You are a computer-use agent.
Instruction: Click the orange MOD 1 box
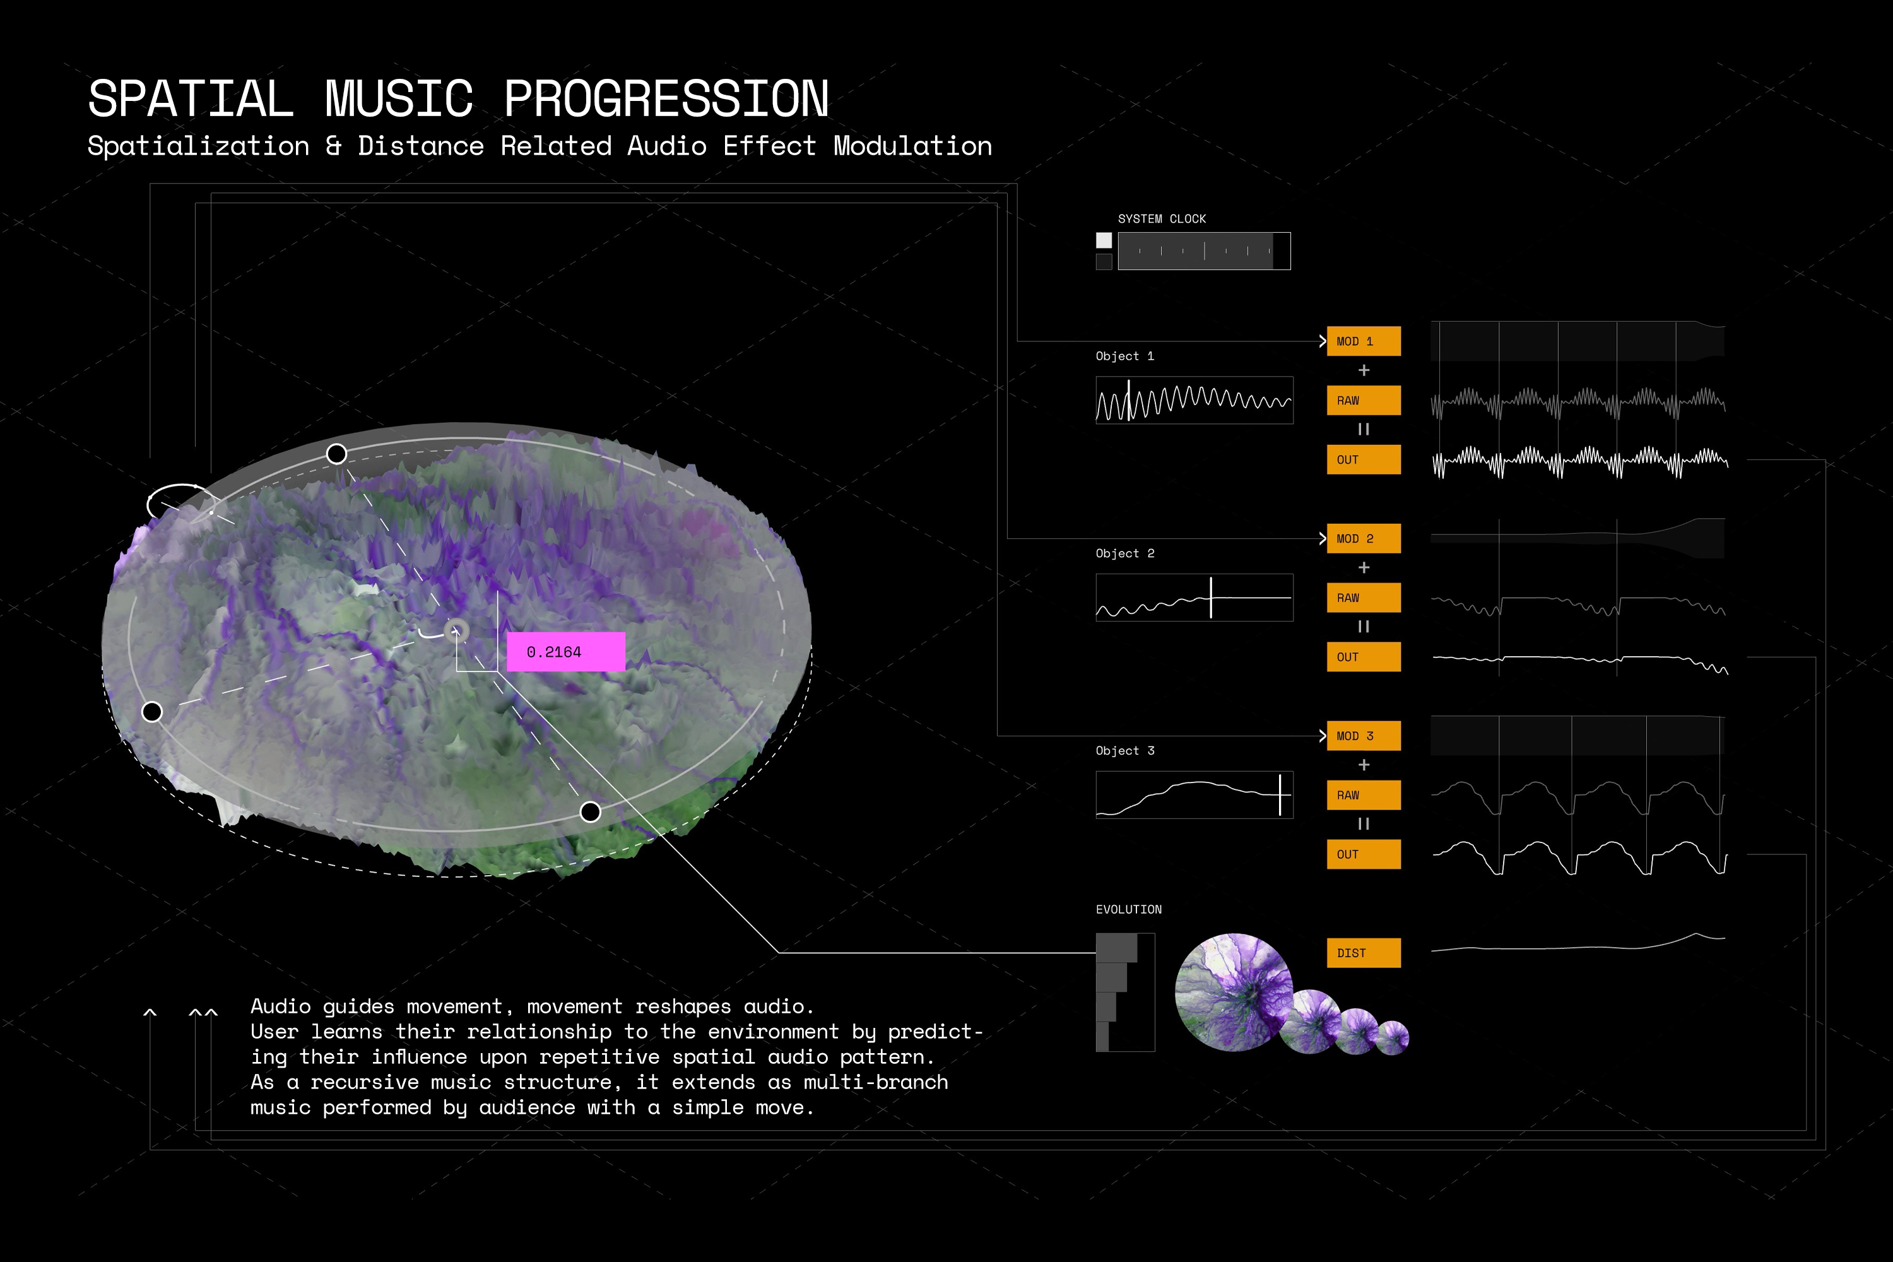pos(1364,341)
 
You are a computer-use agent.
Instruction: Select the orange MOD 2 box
pos(1364,538)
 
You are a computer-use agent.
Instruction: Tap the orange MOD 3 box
pos(1364,736)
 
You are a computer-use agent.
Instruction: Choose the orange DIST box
pos(1364,953)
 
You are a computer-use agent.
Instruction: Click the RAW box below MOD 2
pos(1364,598)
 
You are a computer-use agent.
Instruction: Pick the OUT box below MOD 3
pos(1364,854)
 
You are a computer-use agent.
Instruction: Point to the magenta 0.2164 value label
pos(566,652)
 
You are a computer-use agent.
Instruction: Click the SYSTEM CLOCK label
pos(1162,219)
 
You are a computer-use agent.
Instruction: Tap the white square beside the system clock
pos(1104,240)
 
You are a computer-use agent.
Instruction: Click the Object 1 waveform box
pos(1194,400)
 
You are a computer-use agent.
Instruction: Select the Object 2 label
pos(1124,554)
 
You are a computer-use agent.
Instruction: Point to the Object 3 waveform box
pos(1194,795)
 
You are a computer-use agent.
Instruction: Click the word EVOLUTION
pos(1128,909)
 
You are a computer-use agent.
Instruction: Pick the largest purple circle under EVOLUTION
pos(1234,993)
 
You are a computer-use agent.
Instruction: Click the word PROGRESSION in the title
pos(666,99)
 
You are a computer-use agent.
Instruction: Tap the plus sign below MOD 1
pos(1364,370)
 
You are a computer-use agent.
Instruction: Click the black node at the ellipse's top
pos(336,454)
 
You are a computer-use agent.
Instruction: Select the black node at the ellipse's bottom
pos(590,812)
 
